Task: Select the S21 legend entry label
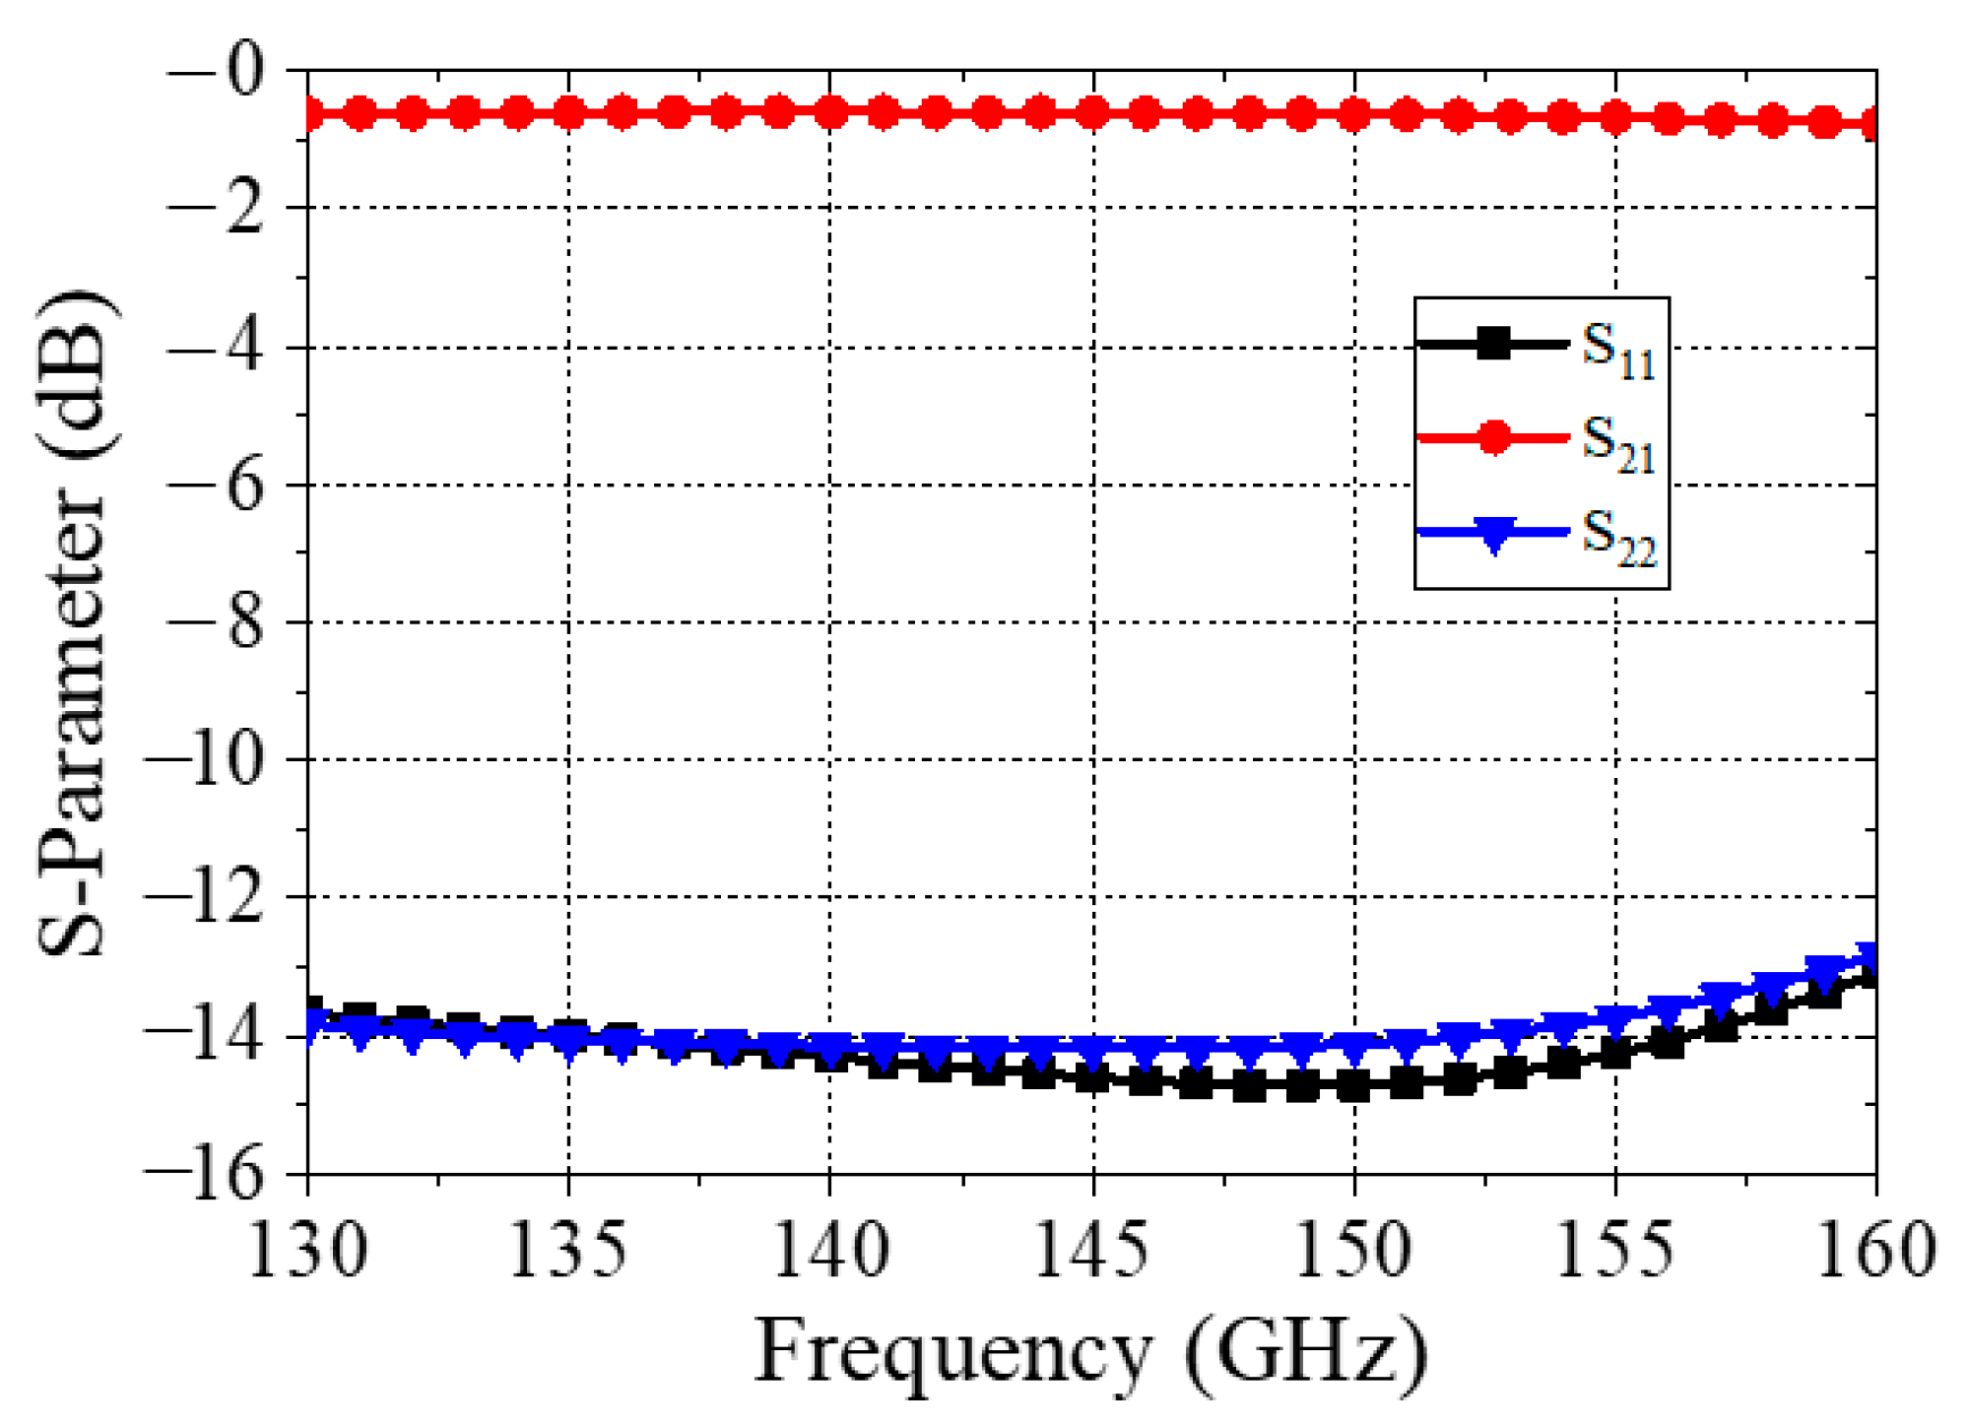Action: [1618, 444]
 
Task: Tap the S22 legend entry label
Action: [1618, 538]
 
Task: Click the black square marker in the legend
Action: [1493, 344]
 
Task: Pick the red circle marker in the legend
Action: [1493, 437]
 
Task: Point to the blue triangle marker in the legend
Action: [1493, 534]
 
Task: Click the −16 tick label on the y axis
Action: [205, 1174]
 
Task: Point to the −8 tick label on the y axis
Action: [217, 622]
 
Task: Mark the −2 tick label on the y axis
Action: [217, 208]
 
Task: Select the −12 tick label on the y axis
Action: [205, 897]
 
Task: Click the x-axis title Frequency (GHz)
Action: [1091, 1353]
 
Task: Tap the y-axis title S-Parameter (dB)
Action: [74, 622]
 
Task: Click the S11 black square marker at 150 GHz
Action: [1354, 1086]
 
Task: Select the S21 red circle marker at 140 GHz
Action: [830, 113]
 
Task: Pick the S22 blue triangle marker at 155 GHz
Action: [1615, 1020]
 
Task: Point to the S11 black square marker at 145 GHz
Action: [1092, 1077]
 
